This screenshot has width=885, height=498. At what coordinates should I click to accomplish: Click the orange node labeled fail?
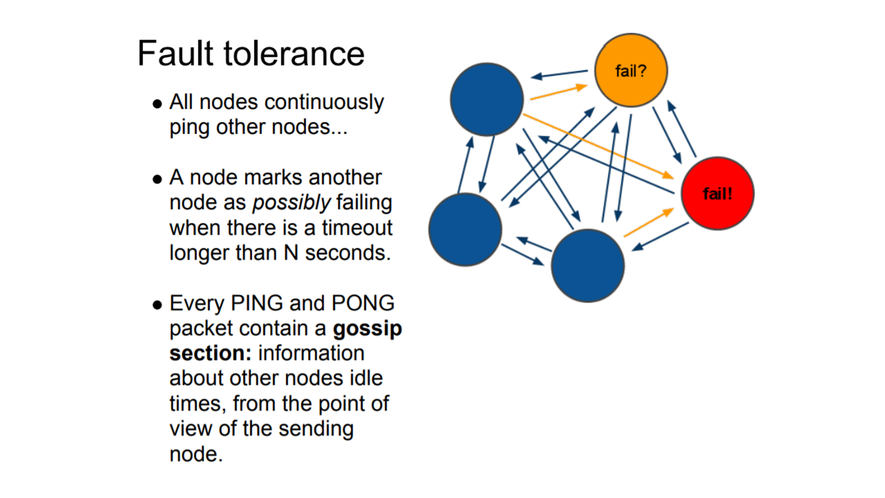(x=631, y=70)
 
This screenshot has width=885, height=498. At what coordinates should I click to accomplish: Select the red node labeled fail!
(x=717, y=193)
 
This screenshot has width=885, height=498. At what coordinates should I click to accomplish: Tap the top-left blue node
(x=487, y=99)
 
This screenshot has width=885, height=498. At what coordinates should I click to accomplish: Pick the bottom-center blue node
(x=588, y=266)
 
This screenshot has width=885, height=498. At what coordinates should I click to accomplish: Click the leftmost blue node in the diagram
(x=465, y=229)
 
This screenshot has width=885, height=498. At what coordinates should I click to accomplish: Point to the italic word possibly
(x=291, y=203)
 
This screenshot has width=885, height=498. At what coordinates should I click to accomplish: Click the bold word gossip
(x=367, y=329)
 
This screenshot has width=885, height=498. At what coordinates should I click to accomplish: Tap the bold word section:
(x=210, y=354)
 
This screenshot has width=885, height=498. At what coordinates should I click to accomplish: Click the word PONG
(x=363, y=304)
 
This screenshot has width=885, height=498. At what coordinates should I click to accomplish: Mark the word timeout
(x=357, y=228)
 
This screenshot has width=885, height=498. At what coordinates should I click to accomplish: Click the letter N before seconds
(x=291, y=253)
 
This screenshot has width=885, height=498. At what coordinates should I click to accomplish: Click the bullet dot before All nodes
(x=157, y=104)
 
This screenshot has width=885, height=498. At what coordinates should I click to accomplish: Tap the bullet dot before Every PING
(x=157, y=305)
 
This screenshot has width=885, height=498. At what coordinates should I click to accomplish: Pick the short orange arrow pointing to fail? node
(x=558, y=93)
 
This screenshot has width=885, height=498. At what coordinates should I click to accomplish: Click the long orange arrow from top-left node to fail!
(x=597, y=146)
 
